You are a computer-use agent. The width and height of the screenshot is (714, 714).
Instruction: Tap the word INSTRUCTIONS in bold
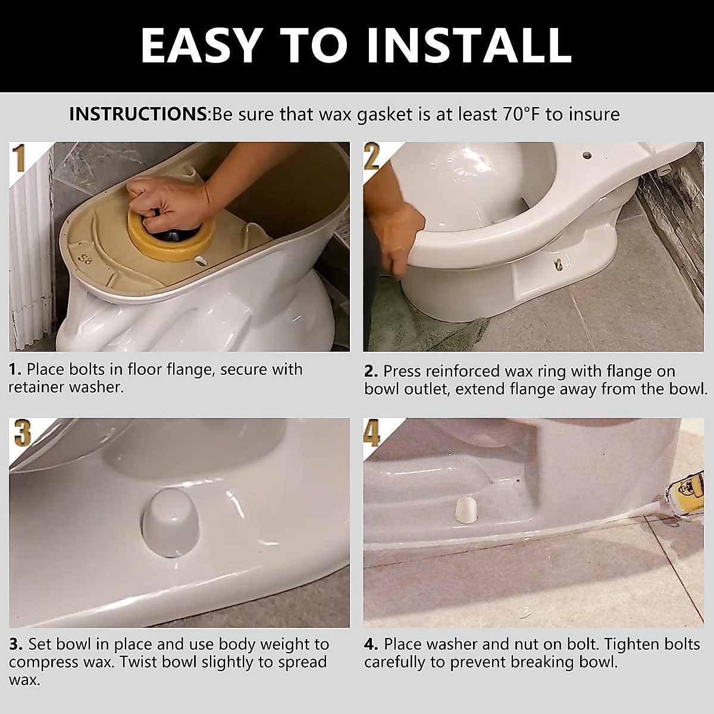[x=137, y=114]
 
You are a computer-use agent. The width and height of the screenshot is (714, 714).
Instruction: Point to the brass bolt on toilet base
[x=560, y=262]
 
